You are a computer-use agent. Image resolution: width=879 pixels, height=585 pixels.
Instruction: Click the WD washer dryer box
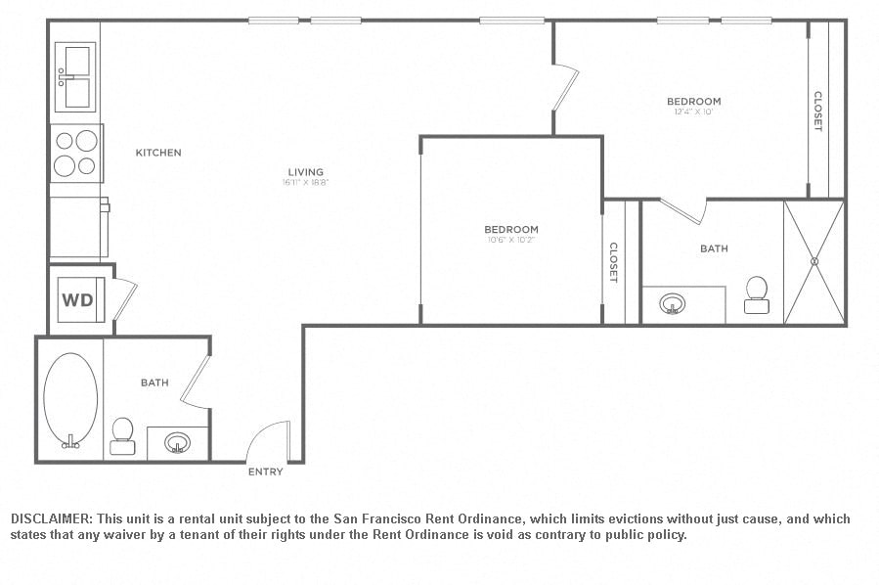coord(78,299)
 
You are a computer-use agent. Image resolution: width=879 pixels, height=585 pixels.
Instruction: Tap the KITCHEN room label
coord(158,153)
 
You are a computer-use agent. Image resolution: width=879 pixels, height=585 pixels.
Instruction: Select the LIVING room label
coord(305,172)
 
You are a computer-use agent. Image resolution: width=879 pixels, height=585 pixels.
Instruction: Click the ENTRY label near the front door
coord(265,472)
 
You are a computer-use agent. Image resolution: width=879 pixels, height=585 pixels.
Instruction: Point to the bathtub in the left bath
coord(71,401)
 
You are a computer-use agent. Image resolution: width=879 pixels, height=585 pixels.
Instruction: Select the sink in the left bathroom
coord(177,443)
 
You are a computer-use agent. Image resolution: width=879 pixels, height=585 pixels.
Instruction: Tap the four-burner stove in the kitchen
coord(76,154)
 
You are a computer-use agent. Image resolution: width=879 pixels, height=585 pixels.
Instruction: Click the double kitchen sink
coord(75,77)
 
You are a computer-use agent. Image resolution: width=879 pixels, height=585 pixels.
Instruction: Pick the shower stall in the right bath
coord(813,261)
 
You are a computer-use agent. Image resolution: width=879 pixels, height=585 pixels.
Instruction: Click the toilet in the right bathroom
coord(756,293)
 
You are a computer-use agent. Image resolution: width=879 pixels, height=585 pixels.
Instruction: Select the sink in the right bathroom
coord(672,304)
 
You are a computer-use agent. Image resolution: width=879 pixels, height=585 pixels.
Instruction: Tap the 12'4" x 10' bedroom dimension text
coord(693,112)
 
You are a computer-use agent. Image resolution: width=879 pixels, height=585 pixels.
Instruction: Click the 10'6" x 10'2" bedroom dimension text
coord(511,240)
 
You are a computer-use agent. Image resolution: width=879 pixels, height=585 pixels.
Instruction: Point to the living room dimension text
coord(305,183)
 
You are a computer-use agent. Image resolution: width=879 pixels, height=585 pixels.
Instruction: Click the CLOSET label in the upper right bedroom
coord(817,112)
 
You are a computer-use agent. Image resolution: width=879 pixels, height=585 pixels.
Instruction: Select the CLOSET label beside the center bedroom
coord(613,262)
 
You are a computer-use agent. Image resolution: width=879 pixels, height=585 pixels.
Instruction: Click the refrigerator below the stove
coord(78,227)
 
